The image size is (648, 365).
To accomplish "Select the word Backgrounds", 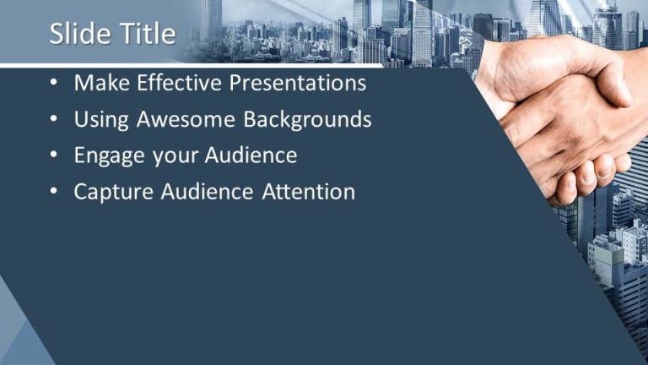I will (307, 120).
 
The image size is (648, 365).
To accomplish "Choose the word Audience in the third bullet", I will (251, 156).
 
